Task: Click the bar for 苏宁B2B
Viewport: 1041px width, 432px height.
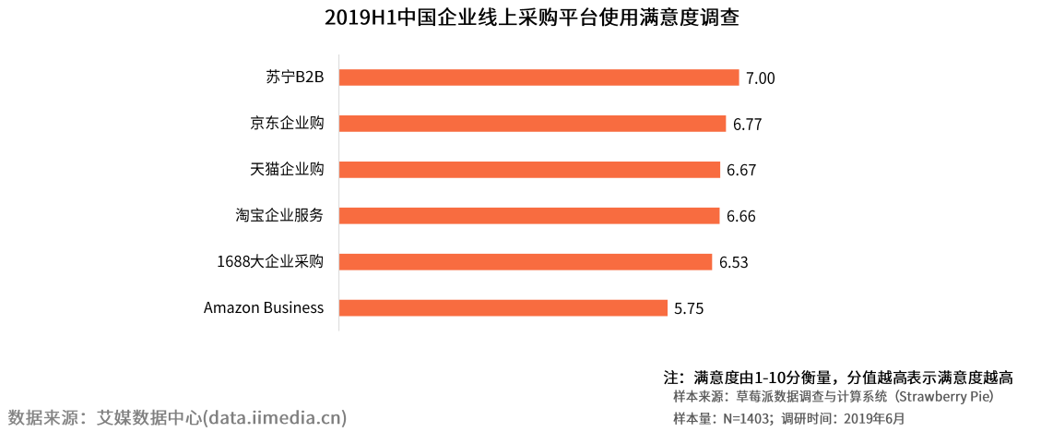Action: (539, 78)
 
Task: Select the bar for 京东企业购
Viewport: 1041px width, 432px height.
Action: (532, 124)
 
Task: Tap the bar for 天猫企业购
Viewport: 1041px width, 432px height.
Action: (530, 170)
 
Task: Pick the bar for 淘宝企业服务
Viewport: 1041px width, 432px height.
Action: (529, 216)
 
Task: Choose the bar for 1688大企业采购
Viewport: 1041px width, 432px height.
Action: (526, 262)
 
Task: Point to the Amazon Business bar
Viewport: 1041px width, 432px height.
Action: (503, 307)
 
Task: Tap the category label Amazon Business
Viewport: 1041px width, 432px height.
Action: (264, 307)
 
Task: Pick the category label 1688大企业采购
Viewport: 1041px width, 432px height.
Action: (270, 261)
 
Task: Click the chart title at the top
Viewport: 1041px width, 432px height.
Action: (532, 18)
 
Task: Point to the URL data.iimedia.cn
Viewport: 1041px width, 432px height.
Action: (274, 417)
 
